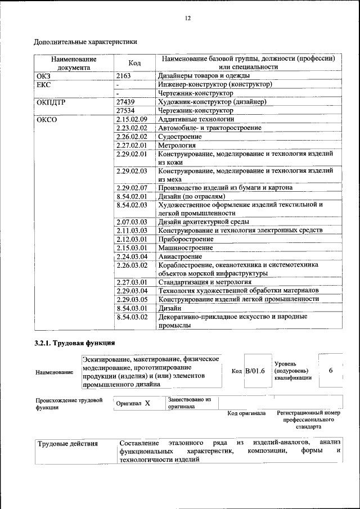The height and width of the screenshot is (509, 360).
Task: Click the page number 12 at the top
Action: (188, 18)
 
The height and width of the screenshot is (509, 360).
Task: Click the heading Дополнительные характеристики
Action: (85, 42)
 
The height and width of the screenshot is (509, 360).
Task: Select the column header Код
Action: (134, 63)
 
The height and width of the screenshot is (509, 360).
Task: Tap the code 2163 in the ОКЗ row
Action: (124, 75)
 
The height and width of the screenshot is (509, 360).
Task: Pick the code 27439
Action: (125, 102)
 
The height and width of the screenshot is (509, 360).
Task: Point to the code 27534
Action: (125, 111)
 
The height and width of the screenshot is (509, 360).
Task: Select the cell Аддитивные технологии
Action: (192, 120)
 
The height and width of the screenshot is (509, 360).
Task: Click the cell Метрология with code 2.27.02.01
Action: (177, 146)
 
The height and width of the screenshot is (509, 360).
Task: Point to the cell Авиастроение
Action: (179, 256)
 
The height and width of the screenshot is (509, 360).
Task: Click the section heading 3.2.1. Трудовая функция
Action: (75, 343)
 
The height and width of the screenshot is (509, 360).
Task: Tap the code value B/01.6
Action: (255, 371)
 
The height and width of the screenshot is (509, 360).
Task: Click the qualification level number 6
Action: (331, 371)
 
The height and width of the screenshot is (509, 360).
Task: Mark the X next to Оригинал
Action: (147, 403)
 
